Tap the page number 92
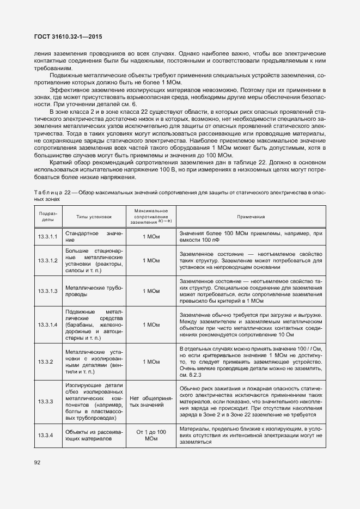(x=38, y=463)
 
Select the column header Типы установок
(x=94, y=216)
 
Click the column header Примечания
(x=251, y=216)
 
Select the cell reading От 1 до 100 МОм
(x=151, y=436)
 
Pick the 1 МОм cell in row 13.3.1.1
(x=151, y=237)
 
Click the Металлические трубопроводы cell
(x=94, y=291)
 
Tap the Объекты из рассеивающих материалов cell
(x=94, y=436)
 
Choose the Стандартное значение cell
(x=94, y=237)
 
